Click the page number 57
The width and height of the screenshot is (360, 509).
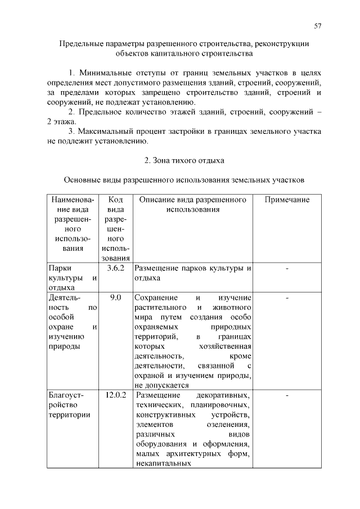point(317,26)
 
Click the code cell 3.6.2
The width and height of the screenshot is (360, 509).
point(115,268)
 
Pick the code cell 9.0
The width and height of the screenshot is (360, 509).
point(115,296)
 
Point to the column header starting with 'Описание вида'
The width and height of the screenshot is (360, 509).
point(192,205)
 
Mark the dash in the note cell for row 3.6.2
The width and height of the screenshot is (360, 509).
point(287,268)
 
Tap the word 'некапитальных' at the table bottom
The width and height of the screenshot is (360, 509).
point(160,464)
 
